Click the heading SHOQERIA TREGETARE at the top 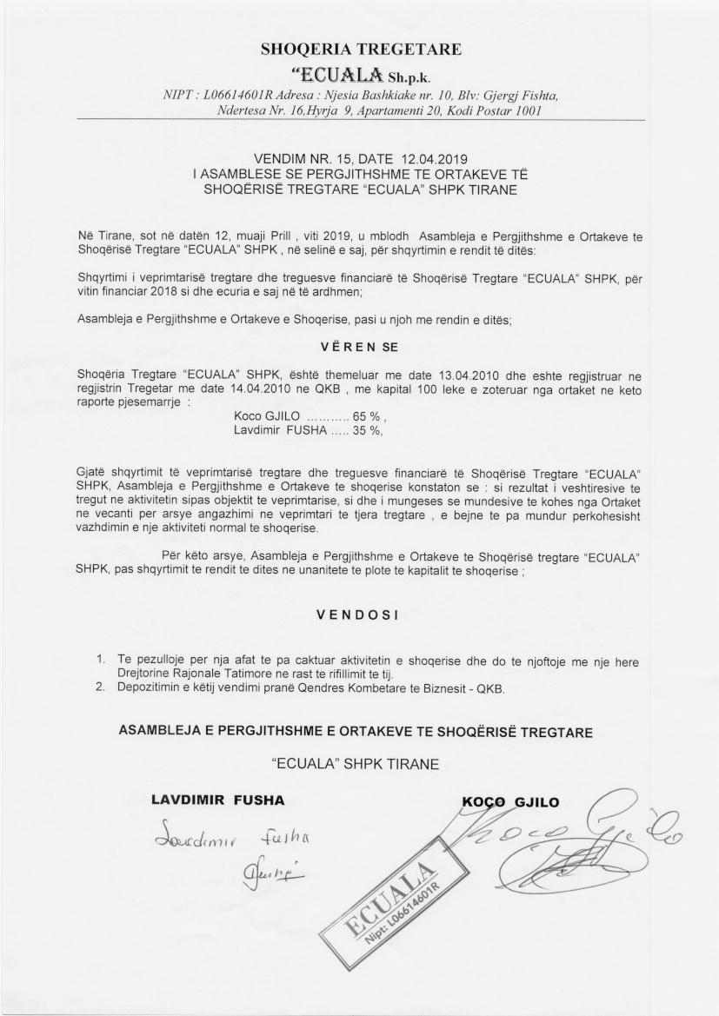point(360,49)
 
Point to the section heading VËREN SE point(359,347)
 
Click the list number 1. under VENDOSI point(101,661)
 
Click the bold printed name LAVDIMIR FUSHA point(218,799)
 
